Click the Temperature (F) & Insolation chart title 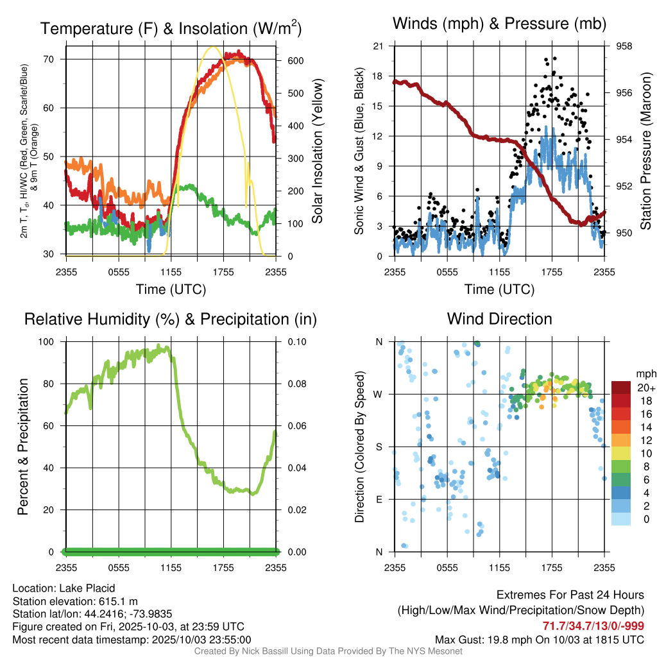tap(171, 28)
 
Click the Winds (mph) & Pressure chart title tap(499, 24)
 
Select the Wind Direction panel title tap(499, 318)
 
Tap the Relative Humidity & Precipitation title tap(171, 319)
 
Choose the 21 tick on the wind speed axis tap(379, 46)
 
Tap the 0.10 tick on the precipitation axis tap(294, 341)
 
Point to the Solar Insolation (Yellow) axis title tap(317, 151)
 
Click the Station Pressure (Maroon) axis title tap(645, 150)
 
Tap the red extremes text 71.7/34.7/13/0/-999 tap(593, 626)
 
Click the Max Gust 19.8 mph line tap(540, 639)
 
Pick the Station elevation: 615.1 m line tap(75, 601)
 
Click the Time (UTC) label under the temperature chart tap(171, 289)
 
